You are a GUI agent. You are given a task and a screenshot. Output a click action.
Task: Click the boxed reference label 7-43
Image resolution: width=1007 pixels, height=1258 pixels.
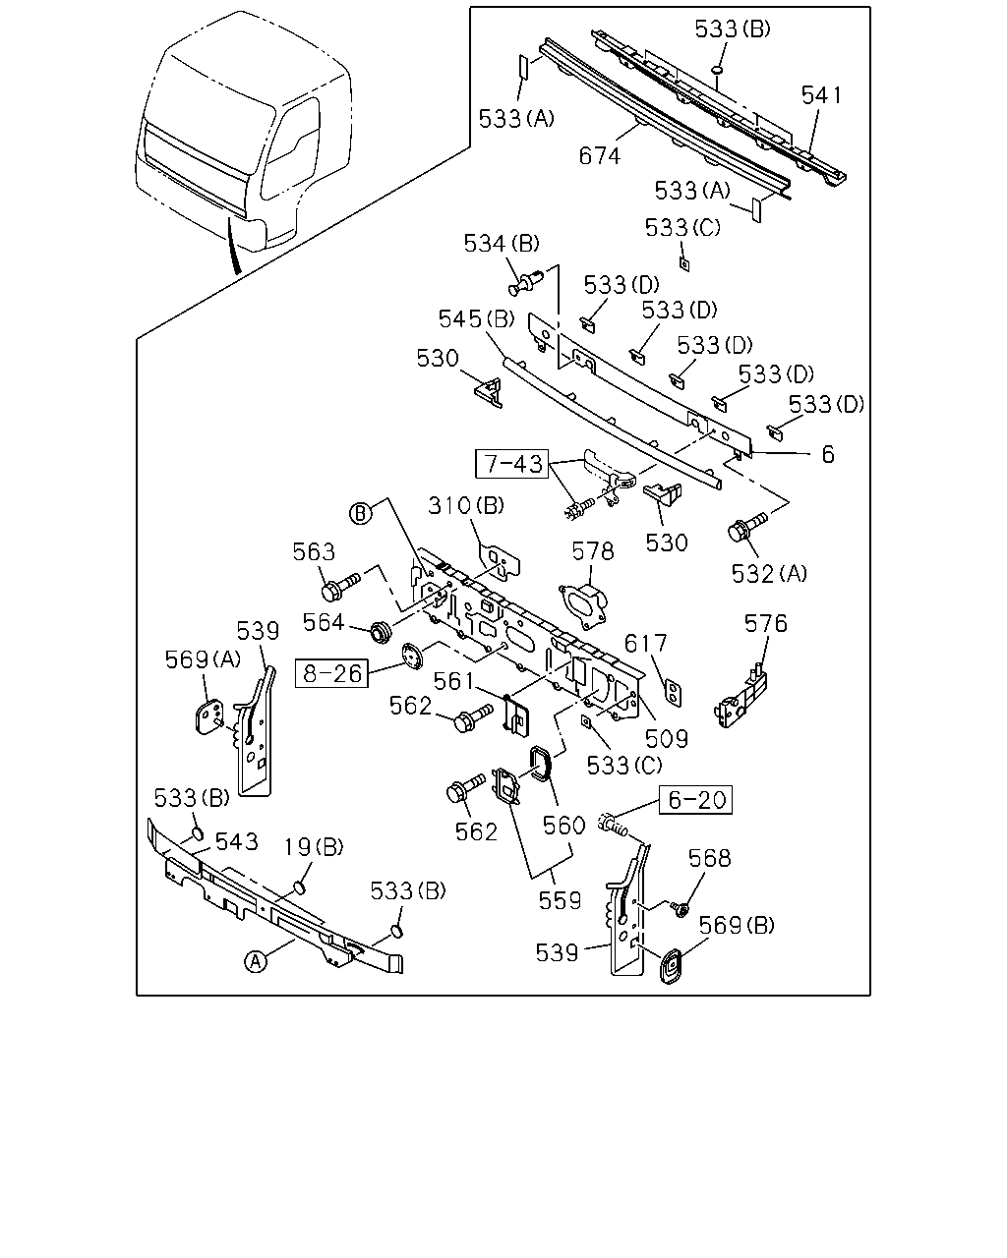(x=512, y=464)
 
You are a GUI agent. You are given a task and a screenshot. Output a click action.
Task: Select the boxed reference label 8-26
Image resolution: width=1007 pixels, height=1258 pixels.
(x=331, y=673)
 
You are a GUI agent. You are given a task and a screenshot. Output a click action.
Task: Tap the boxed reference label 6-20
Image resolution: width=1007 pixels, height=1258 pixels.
(x=695, y=799)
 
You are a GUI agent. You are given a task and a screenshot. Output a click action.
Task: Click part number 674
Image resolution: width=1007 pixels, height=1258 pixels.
(x=600, y=156)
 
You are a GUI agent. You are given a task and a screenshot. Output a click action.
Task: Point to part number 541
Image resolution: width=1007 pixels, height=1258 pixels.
(x=821, y=94)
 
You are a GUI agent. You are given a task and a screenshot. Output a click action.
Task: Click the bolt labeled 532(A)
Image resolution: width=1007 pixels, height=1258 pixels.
(x=746, y=527)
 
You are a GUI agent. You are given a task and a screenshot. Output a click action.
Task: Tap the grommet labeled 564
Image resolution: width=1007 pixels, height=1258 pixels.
(x=382, y=632)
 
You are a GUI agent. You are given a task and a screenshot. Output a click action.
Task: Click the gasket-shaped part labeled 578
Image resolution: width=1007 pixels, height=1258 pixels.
(x=583, y=605)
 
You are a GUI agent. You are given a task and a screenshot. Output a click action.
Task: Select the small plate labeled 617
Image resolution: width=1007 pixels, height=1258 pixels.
(x=674, y=694)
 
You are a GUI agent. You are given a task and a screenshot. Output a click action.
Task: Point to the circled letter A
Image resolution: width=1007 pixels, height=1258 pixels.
(x=255, y=961)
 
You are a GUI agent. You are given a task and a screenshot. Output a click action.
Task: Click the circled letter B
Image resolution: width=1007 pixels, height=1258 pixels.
(x=361, y=513)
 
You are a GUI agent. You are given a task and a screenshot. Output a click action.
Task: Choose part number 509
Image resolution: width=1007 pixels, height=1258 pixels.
(x=667, y=739)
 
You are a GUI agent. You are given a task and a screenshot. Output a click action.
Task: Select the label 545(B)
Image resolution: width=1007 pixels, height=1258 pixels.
(x=476, y=318)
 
